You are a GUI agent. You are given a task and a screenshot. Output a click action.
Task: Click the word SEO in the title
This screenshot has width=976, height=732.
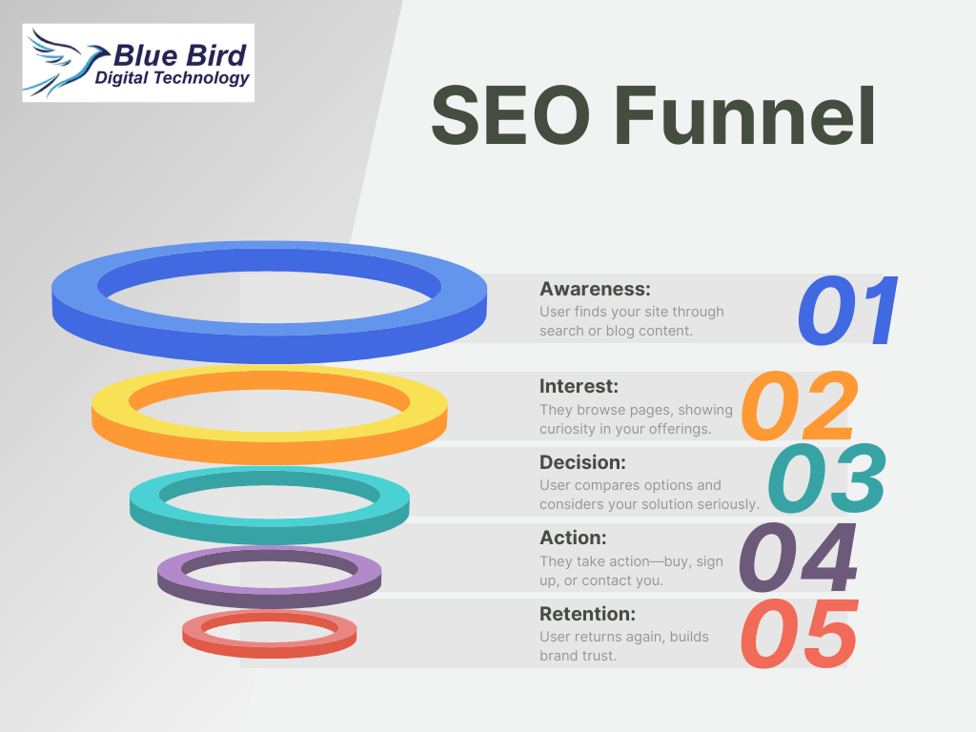click(x=511, y=115)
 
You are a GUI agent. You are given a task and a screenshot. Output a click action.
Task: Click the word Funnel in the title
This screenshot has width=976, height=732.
click(x=745, y=115)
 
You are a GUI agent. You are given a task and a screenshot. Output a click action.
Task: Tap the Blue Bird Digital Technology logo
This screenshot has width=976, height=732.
click(x=138, y=63)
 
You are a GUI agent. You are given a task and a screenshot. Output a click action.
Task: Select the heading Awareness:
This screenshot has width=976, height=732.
click(x=595, y=289)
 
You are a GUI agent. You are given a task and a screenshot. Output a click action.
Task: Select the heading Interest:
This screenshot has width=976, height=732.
click(x=579, y=386)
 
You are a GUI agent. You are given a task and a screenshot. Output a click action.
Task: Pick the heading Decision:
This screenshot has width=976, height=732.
click(x=582, y=462)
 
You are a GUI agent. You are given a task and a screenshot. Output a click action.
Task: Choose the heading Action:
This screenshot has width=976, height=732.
click(x=573, y=538)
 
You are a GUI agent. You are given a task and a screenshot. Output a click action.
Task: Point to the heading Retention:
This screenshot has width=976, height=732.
click(x=587, y=614)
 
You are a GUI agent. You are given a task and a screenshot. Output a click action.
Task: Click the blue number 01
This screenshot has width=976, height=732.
click(x=847, y=311)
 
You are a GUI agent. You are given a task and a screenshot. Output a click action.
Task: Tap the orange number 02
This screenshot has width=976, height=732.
click(x=800, y=406)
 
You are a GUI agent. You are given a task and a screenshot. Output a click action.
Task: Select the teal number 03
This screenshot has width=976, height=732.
click(x=827, y=478)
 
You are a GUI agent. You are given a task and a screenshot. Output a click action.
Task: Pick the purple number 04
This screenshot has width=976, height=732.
click(x=799, y=558)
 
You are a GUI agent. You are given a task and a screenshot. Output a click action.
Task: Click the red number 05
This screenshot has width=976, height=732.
click(x=800, y=634)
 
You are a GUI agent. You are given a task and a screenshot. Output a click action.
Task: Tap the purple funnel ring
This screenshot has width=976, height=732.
click(x=270, y=597)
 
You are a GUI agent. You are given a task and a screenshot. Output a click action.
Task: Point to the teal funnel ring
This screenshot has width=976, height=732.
click(x=270, y=529)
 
